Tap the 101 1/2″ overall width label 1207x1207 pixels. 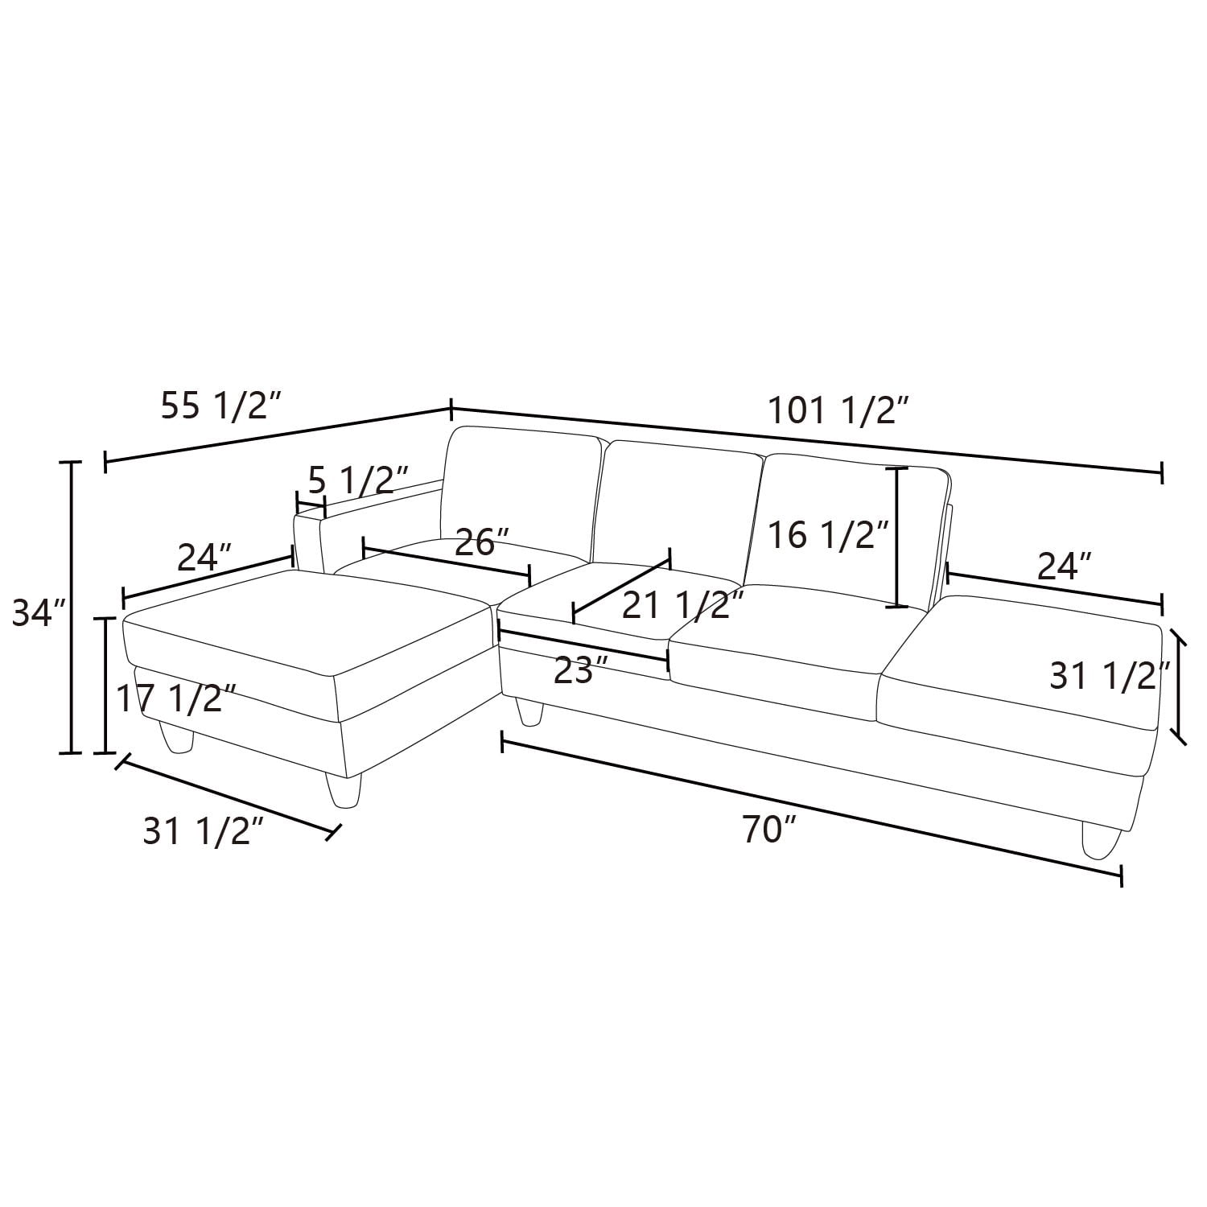click(x=840, y=411)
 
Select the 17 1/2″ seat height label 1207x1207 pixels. click(x=176, y=698)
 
